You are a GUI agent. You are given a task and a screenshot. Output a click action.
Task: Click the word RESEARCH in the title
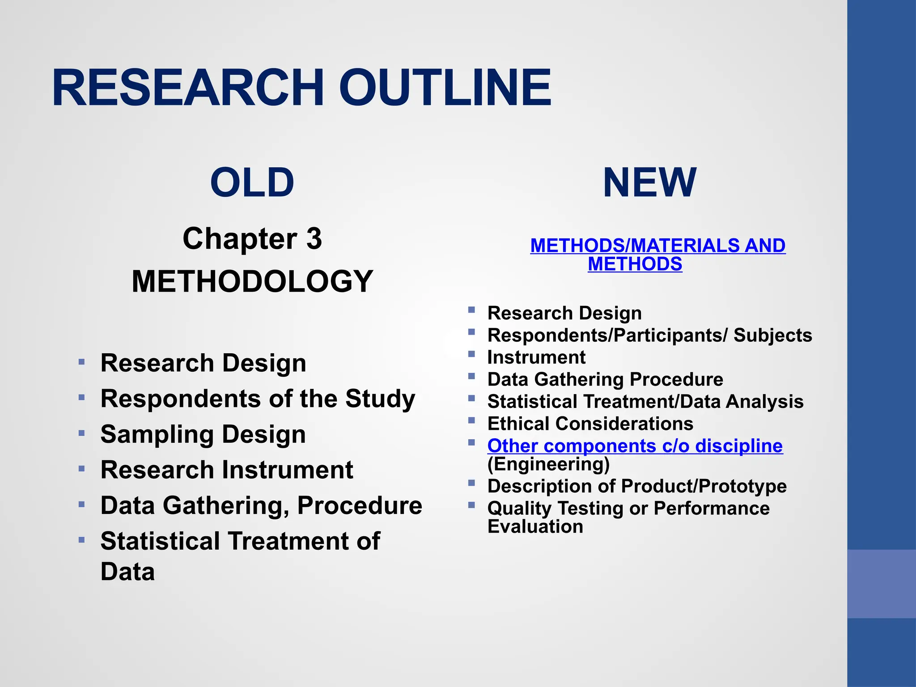[188, 88]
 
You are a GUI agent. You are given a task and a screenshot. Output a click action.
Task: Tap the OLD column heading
[252, 182]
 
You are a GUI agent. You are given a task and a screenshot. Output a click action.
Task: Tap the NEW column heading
[649, 182]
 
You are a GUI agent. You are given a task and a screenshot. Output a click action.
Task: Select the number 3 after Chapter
[314, 239]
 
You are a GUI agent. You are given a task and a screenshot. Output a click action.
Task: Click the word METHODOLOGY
[252, 281]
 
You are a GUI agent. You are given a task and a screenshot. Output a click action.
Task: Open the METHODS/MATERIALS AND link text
[657, 246]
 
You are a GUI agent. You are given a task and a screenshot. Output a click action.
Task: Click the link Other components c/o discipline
[635, 445]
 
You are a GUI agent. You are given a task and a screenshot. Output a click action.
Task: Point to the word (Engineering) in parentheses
[548, 464]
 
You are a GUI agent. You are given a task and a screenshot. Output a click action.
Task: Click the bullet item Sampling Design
[203, 434]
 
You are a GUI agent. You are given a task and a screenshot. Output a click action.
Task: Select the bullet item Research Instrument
[227, 470]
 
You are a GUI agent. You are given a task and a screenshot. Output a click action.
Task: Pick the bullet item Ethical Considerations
[590, 424]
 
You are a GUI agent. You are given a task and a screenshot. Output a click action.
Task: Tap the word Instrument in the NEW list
[536, 357]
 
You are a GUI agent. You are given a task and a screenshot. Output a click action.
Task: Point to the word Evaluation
[535, 526]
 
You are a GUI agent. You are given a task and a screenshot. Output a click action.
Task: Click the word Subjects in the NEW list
[773, 335]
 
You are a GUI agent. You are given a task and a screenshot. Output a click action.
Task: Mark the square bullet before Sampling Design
[81, 433]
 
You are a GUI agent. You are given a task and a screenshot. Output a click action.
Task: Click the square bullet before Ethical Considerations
[471, 420]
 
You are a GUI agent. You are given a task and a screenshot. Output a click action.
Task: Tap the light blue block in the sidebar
[882, 584]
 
